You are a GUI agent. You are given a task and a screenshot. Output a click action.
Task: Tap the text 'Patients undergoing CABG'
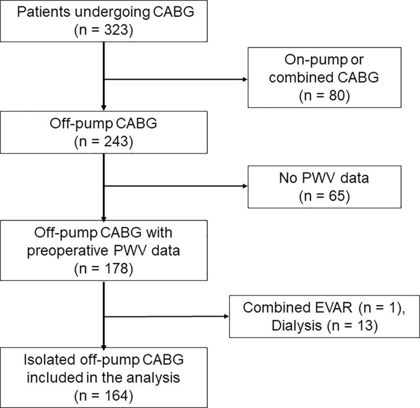(x=105, y=12)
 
